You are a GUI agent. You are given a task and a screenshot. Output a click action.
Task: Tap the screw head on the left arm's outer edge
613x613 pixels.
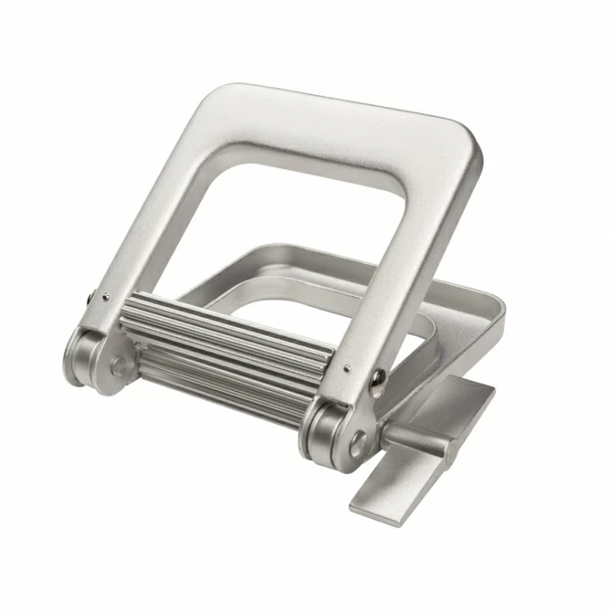click(91, 300)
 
